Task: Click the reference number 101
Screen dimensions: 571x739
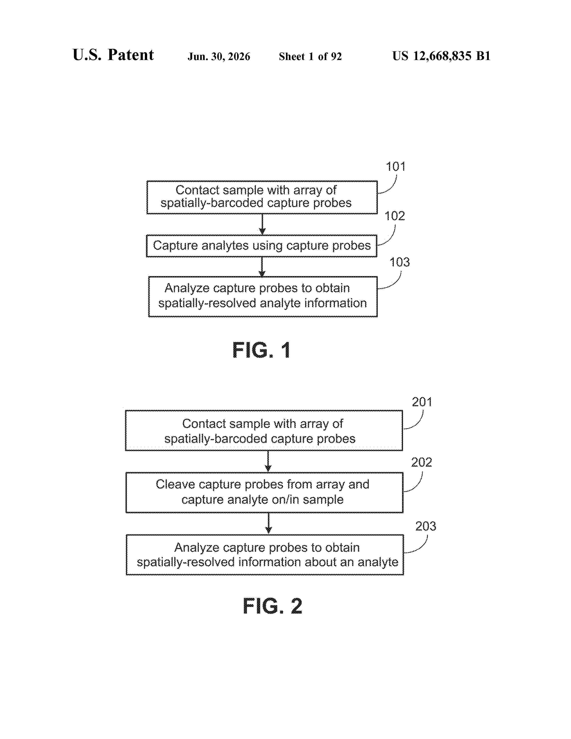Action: click(395, 166)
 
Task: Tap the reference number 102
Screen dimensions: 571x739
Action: click(394, 216)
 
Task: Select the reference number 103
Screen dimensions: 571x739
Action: click(399, 262)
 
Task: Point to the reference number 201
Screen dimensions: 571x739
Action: click(422, 402)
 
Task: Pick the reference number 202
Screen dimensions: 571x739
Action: click(421, 462)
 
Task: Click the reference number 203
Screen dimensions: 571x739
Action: click(425, 526)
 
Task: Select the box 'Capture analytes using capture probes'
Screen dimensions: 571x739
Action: click(262, 246)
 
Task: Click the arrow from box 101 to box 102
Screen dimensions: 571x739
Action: click(262, 224)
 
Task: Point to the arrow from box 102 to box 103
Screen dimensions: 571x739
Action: click(262, 267)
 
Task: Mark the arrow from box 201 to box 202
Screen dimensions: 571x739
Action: click(268, 461)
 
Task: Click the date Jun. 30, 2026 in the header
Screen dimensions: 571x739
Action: click(219, 56)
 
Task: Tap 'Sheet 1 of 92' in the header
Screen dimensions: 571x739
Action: click(310, 56)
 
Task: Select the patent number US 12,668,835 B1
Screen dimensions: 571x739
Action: click(441, 56)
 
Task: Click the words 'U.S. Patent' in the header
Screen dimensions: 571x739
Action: click(113, 55)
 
